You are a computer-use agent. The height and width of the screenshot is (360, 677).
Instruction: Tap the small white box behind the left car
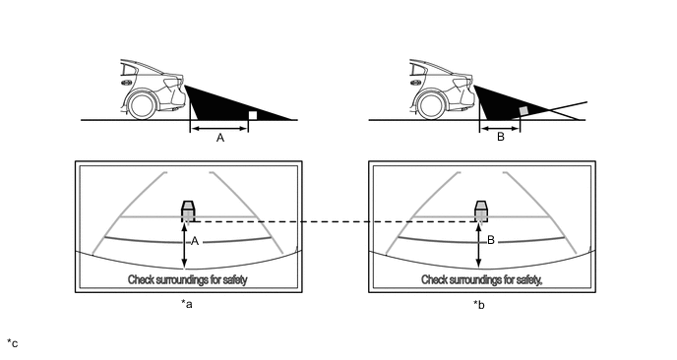[x=253, y=115]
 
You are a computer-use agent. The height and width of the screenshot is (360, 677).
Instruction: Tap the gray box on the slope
[x=523, y=110]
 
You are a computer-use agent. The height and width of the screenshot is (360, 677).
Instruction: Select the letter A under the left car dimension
[x=220, y=138]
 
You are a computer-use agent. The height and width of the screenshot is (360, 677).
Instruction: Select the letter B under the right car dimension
[x=501, y=138]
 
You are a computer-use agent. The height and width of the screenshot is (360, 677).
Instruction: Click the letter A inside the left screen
[x=195, y=241]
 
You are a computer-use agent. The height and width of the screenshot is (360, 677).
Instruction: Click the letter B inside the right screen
[x=490, y=240]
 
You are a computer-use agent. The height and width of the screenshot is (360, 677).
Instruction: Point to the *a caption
[x=187, y=304]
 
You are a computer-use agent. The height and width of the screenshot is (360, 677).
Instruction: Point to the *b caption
[x=479, y=305]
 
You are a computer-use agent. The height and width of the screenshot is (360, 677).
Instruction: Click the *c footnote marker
[x=13, y=343]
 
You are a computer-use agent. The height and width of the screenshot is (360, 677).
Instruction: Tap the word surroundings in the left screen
[x=176, y=279]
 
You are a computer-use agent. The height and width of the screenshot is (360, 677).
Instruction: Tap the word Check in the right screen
[x=434, y=279]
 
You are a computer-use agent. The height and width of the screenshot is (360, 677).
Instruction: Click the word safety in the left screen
[x=235, y=279]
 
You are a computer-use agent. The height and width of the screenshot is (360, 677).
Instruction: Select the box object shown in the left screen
[x=188, y=211]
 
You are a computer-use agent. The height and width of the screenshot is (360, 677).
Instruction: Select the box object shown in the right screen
[x=481, y=211]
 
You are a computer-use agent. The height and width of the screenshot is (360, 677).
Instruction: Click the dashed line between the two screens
[x=333, y=222]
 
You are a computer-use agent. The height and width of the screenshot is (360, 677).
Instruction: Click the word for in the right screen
[x=510, y=279]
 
